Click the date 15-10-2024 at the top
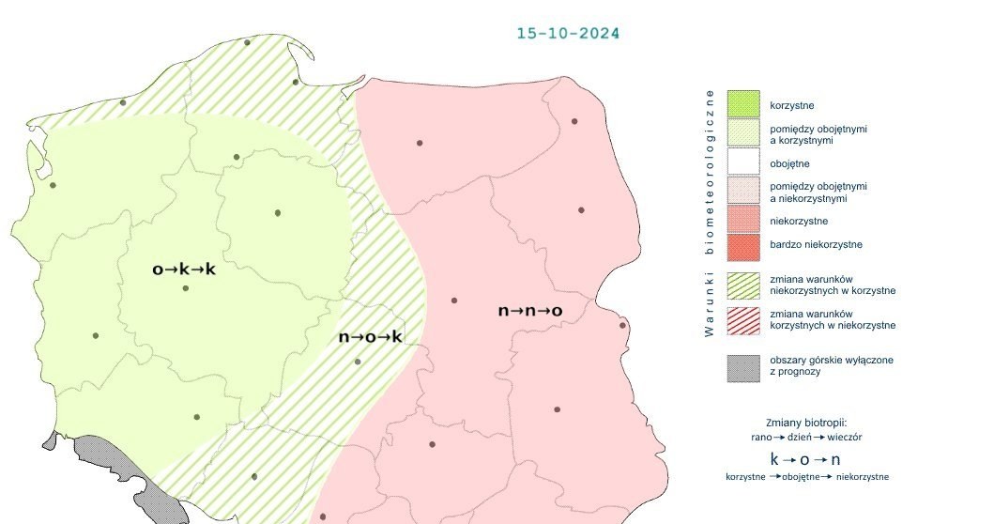click(568, 33)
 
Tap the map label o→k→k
click(184, 270)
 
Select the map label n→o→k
click(370, 336)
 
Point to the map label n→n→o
click(529, 310)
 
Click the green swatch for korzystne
click(742, 103)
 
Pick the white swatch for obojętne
click(742, 162)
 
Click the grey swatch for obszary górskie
click(742, 366)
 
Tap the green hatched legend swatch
click(742, 285)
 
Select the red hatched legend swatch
click(742, 319)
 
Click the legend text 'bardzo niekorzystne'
click(816, 245)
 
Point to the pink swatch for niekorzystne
click(742, 221)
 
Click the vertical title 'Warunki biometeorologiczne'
click(711, 211)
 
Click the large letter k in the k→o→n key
click(775, 459)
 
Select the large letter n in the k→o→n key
click(837, 459)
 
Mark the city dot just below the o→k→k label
click(186, 288)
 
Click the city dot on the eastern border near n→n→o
click(622, 326)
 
